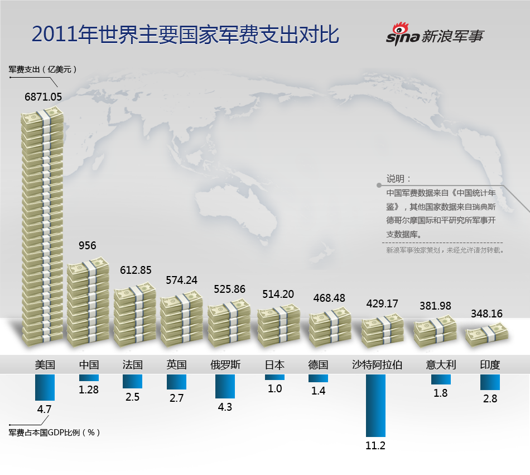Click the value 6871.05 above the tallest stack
[43, 97]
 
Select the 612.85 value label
[136, 270]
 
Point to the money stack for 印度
[487, 334]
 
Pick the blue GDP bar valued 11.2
[375, 405]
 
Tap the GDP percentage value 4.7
[44, 409]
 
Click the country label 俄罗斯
[225, 365]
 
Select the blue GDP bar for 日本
[274, 377]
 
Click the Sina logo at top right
[435, 35]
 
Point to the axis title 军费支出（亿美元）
[42, 70]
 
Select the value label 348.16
[487, 314]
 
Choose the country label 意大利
[441, 365]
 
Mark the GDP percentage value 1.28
[89, 389]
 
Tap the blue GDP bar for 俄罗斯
[225, 386]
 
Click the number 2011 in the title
[54, 35]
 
